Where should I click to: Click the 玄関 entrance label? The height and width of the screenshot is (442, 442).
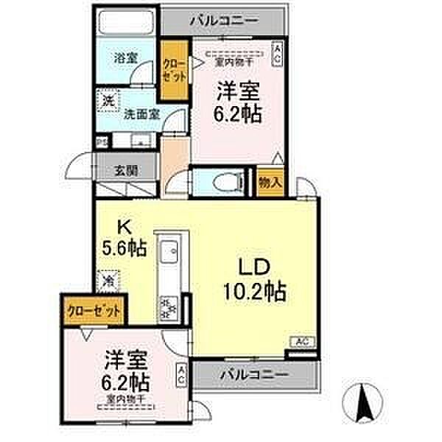point(124,168)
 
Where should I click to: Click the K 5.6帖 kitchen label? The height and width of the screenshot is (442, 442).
point(122,238)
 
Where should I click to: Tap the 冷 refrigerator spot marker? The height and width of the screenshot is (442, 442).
point(108,281)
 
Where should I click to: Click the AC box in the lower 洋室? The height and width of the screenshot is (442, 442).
point(181,376)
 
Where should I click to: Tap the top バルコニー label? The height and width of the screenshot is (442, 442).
point(224,20)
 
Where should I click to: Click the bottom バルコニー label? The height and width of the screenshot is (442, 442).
point(253,376)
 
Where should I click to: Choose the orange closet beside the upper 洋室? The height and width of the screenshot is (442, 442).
point(175,70)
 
